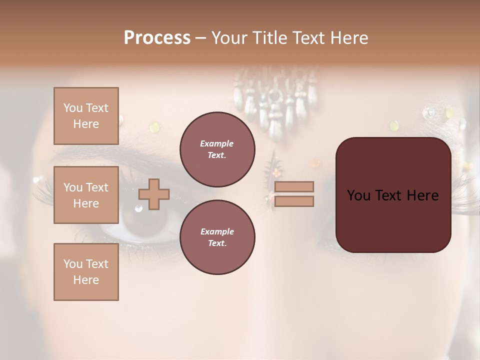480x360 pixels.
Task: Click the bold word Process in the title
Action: tap(157, 38)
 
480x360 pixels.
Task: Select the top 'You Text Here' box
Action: tap(86, 116)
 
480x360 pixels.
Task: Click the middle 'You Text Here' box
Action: tap(86, 195)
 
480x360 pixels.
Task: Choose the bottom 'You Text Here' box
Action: tap(86, 271)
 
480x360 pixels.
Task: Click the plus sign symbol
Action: tap(154, 194)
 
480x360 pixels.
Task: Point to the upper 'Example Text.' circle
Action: tap(217, 149)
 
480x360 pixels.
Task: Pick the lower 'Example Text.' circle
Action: tap(217, 237)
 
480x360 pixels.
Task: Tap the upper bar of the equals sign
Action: tap(294, 186)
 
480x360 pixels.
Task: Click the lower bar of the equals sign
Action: tap(294, 201)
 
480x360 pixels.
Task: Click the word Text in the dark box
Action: tap(393, 195)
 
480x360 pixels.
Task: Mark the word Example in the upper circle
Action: tap(217, 143)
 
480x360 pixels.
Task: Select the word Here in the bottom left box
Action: tap(86, 280)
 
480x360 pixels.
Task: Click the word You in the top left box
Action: tap(72, 108)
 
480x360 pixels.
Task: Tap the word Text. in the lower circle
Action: tap(217, 243)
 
